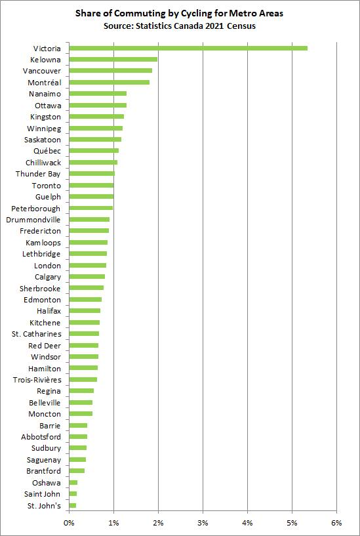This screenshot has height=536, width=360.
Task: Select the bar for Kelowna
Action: [x=113, y=60]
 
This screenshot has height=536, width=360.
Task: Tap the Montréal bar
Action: [x=109, y=82]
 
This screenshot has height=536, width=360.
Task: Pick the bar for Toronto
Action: [x=91, y=186]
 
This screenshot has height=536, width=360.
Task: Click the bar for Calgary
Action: [x=87, y=277]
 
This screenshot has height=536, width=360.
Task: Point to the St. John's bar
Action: [x=73, y=505]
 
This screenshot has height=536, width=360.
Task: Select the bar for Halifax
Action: [x=85, y=311]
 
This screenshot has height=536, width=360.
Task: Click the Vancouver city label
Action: [x=41, y=71]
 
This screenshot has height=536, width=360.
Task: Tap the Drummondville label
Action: [x=33, y=220]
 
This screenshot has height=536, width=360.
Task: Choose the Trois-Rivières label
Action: [x=37, y=380]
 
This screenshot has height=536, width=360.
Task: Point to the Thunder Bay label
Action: [x=38, y=174]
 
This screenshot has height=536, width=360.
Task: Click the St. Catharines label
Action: [x=37, y=334]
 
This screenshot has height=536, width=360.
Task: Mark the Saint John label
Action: [x=43, y=494]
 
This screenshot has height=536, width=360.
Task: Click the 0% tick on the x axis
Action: [x=69, y=523]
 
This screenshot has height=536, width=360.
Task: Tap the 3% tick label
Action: [x=203, y=523]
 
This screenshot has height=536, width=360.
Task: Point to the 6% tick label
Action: [x=336, y=523]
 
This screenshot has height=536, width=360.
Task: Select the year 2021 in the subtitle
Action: [x=218, y=26]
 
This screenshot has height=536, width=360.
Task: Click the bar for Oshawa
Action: [x=73, y=482]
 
